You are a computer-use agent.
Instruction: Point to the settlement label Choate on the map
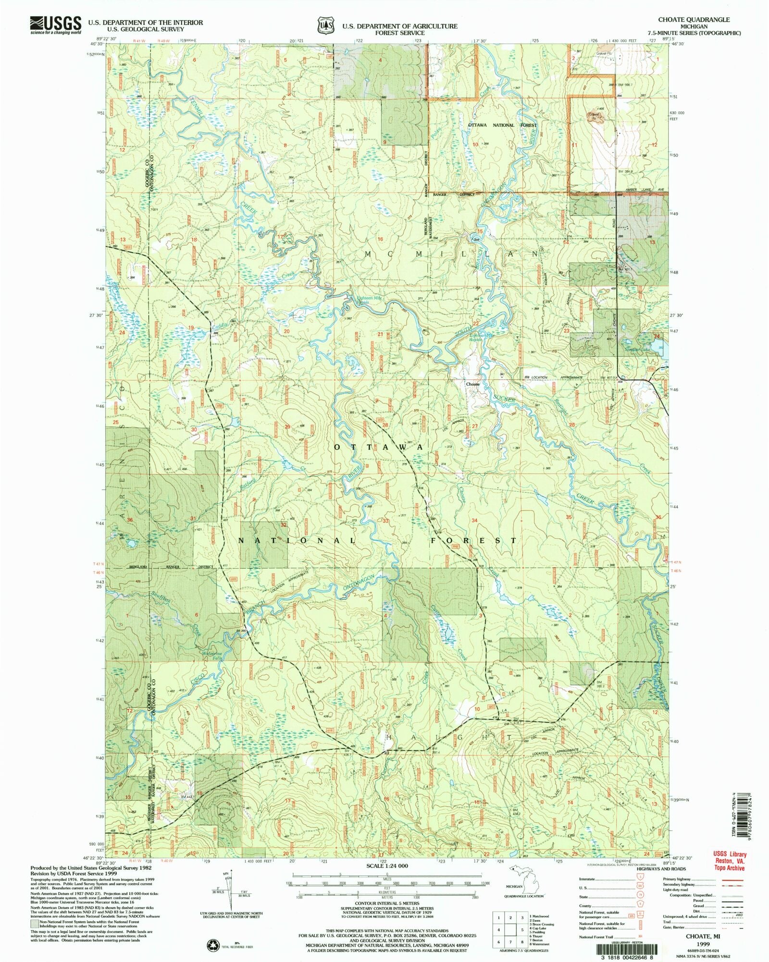472,384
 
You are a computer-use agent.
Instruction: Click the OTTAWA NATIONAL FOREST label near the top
502,125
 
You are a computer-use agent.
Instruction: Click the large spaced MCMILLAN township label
452,253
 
